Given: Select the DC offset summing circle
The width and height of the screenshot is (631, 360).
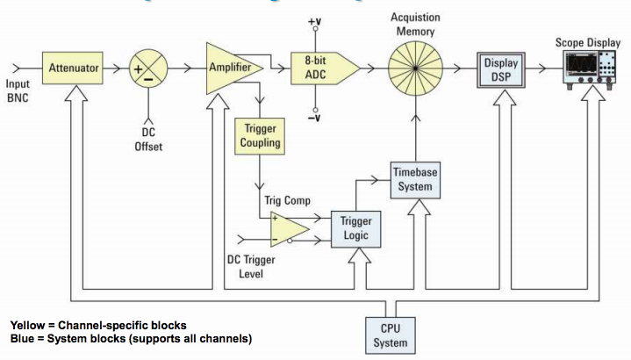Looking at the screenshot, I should tap(148, 68).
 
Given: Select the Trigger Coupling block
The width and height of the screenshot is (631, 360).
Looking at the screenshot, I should tap(261, 135).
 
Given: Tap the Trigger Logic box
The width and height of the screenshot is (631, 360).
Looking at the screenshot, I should tap(355, 228).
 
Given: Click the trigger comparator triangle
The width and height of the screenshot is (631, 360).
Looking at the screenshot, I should tap(287, 228).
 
